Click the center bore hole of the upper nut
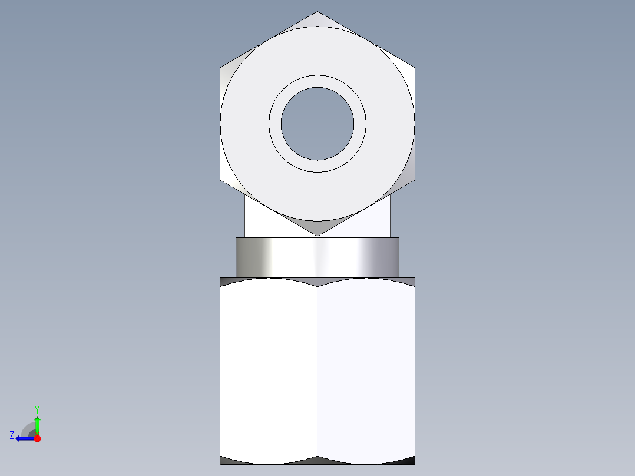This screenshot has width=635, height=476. point(317,124)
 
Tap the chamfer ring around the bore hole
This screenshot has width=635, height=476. point(317,81)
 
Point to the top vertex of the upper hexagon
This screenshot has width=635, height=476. point(317,12)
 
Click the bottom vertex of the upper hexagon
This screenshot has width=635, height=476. point(317,235)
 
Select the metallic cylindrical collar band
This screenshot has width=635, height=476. point(317,257)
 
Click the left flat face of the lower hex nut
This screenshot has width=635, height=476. point(269,371)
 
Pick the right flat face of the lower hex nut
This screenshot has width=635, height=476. point(366,371)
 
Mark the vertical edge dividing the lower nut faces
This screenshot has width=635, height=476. point(317,371)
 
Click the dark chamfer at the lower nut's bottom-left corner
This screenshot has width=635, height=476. point(227,460)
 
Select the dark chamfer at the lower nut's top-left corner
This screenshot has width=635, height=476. point(227,282)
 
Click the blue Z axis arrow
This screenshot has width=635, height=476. point(24,438)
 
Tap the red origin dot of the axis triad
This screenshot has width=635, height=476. point(37,438)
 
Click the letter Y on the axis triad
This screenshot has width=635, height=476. point(37,409)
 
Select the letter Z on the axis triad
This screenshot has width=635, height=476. point(12,435)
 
